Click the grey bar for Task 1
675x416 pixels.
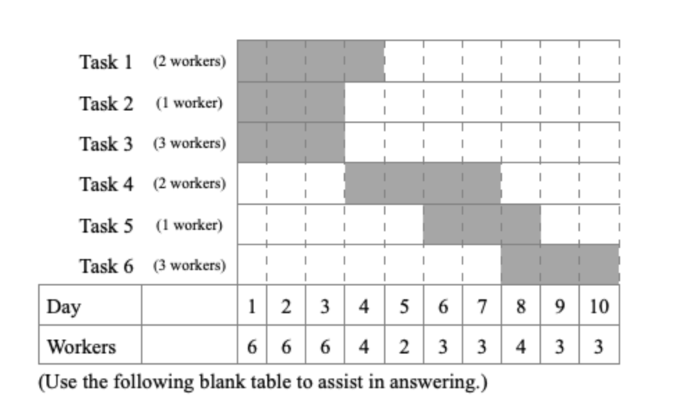[310, 61]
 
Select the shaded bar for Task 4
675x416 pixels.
[422, 183]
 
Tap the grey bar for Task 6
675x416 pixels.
[560, 265]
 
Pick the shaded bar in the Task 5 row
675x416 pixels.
[481, 224]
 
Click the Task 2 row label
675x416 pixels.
[106, 103]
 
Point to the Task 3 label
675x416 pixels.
[106, 144]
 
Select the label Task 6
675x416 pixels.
[106, 265]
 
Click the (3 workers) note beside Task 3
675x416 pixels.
[189, 144]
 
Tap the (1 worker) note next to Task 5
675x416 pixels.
[189, 225]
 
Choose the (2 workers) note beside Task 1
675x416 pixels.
[189, 62]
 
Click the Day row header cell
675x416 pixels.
[90, 306]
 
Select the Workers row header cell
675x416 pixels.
[90, 346]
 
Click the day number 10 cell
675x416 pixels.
[599, 306]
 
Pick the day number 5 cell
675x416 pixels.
[403, 306]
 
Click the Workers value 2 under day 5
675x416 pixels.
[403, 346]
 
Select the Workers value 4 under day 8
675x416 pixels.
[520, 346]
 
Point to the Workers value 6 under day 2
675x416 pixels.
[285, 346]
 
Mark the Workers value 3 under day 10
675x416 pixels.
[599, 346]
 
